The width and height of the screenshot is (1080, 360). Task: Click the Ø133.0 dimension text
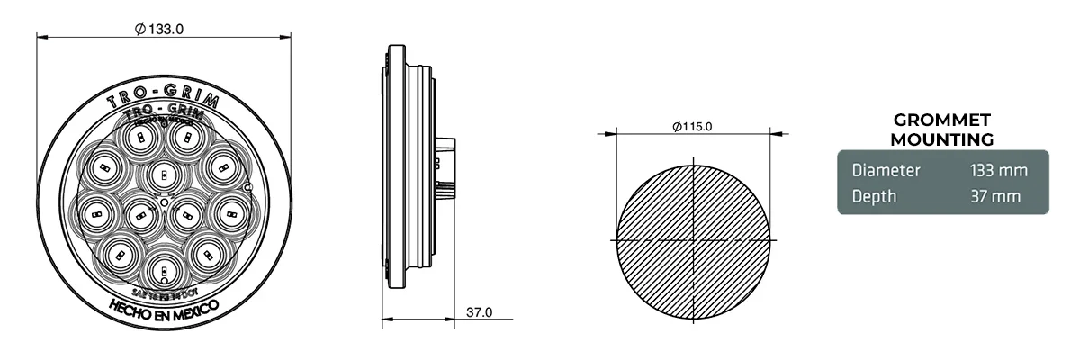point(159,28)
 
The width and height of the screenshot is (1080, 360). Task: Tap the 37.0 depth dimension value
point(479,312)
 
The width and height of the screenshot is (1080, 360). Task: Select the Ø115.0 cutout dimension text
point(692,126)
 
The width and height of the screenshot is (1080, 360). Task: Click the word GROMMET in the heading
point(940,121)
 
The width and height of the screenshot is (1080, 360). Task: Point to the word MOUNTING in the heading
point(940,139)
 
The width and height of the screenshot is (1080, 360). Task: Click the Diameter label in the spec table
point(886,170)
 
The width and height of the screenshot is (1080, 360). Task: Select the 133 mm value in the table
point(997,170)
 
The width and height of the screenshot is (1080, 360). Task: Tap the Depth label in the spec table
point(873,196)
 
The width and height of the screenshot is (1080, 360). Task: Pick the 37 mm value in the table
point(994,196)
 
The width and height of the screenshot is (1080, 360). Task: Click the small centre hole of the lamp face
point(164,204)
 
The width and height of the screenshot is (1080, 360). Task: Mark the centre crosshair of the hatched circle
point(693,242)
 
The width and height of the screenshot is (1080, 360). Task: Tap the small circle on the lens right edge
point(247,187)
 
